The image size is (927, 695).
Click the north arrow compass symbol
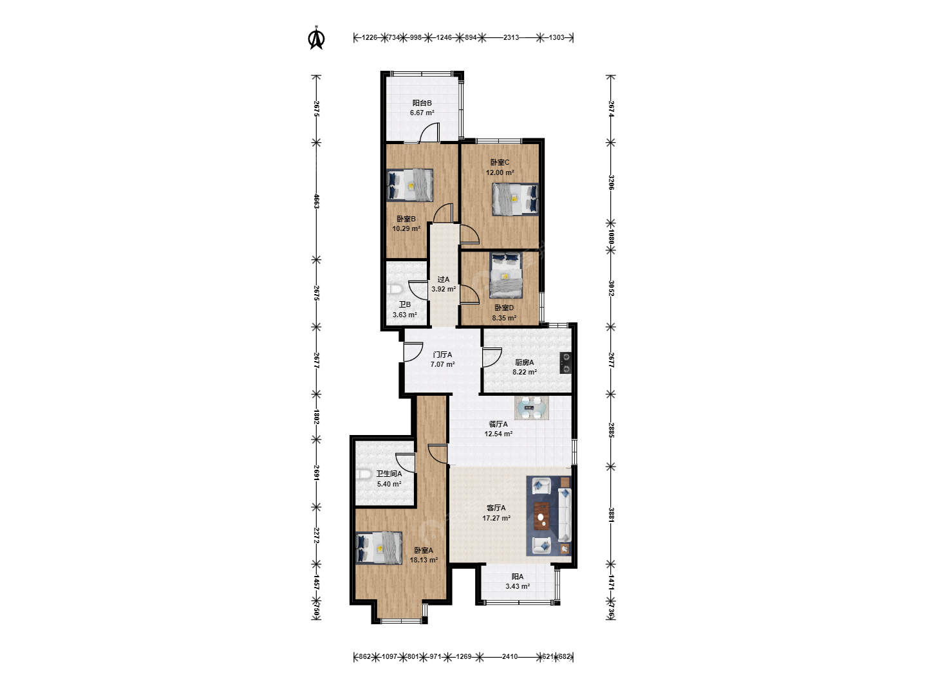316,38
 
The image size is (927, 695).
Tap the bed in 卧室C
515,199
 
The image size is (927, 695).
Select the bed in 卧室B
410,185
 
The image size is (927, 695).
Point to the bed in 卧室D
506,275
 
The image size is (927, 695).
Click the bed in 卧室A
379,548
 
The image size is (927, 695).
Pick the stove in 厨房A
565,364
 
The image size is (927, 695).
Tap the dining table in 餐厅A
531,408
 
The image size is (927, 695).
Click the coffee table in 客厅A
541,515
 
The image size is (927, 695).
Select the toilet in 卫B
393,290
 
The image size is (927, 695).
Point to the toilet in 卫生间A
363,475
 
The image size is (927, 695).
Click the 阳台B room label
422,102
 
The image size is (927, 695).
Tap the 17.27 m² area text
496,518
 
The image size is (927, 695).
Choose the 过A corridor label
443,279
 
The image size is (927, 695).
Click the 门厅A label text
442,355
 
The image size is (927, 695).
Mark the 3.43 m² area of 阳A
518,586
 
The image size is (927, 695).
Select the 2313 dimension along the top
510,37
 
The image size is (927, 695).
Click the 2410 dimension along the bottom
509,656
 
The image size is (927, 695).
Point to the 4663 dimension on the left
316,201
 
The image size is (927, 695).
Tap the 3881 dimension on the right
611,515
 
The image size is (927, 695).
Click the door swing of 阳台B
430,132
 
